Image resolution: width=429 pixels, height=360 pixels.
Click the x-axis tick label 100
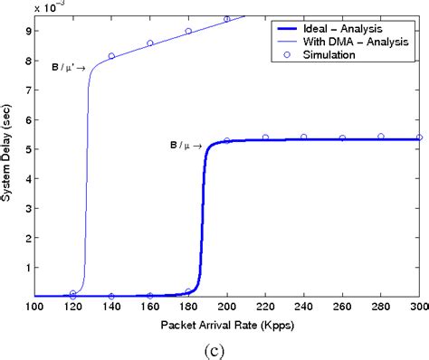click(35, 308)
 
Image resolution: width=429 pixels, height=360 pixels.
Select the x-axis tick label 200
click(227, 308)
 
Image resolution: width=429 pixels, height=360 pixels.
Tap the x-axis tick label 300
click(419, 308)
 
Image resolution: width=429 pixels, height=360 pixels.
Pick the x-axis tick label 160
click(150, 308)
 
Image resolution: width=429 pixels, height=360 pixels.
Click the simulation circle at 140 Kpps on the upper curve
click(111, 56)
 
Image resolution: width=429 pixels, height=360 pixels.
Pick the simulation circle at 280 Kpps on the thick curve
click(381, 137)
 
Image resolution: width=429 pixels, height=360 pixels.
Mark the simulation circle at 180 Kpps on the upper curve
click(188, 31)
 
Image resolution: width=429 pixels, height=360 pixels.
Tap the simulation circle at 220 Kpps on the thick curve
click(265, 137)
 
